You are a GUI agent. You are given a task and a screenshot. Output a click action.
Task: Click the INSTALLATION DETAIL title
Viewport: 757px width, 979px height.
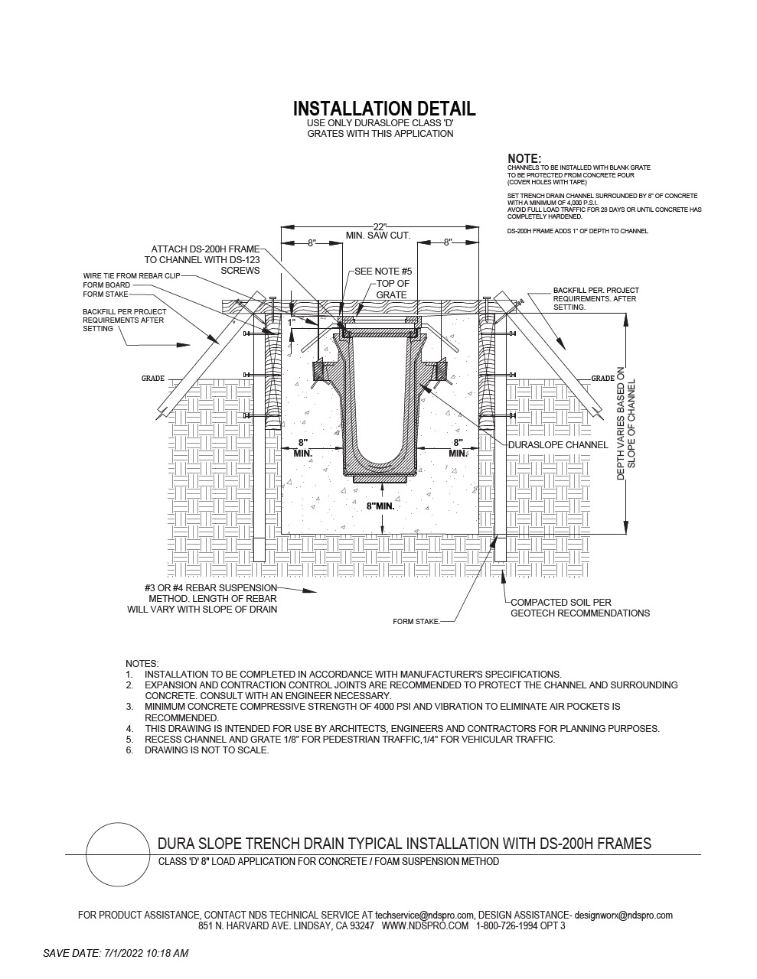pyautogui.click(x=384, y=109)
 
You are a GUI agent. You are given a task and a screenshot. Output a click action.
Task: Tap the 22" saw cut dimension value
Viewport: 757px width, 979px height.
pyautogui.click(x=380, y=226)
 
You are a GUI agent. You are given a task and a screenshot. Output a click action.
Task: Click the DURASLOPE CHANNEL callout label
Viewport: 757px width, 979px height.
pyautogui.click(x=558, y=445)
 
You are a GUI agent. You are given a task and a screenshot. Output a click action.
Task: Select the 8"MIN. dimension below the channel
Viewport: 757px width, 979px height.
pyautogui.click(x=380, y=506)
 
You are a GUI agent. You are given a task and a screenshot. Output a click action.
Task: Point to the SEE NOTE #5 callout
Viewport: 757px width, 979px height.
pyautogui.click(x=383, y=272)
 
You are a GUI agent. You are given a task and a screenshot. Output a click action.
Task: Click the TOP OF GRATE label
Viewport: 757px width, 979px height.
pyautogui.click(x=392, y=289)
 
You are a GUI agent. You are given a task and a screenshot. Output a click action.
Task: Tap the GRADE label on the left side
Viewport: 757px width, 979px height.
pyautogui.click(x=153, y=379)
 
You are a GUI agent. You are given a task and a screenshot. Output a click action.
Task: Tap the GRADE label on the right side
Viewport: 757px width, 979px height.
pyautogui.click(x=603, y=379)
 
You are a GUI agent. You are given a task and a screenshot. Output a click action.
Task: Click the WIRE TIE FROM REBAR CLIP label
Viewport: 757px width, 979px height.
pyautogui.click(x=131, y=275)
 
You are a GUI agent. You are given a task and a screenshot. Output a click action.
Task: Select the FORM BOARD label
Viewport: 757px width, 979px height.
pyautogui.click(x=106, y=285)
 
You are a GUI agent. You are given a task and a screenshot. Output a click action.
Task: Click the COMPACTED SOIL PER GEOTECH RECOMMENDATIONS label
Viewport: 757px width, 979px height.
pyautogui.click(x=580, y=608)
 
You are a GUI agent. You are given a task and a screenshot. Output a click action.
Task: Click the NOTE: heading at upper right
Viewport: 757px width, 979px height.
pyautogui.click(x=524, y=158)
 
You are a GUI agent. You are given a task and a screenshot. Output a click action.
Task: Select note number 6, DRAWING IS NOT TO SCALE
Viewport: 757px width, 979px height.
pyautogui.click(x=197, y=750)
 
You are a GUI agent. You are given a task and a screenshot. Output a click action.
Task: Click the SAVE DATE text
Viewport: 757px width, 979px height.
pyautogui.click(x=116, y=953)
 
